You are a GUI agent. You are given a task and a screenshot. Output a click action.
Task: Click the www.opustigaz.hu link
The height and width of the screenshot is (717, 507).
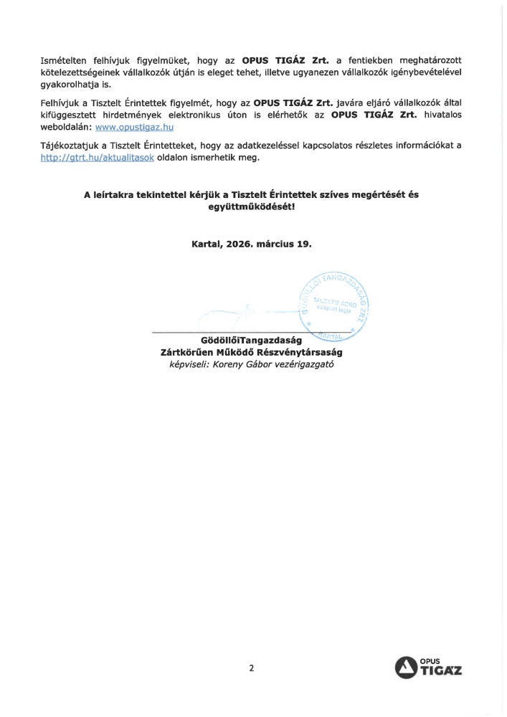135,127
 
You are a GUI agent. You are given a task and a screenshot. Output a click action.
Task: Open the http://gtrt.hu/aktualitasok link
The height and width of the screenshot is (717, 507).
97,158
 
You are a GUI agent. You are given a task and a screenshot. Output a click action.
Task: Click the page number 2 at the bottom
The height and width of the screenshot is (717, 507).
252,668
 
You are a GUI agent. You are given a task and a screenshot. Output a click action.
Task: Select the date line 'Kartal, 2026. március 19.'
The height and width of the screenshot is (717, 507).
252,244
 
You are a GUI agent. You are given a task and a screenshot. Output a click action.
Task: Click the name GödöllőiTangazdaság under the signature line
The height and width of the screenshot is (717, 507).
252,341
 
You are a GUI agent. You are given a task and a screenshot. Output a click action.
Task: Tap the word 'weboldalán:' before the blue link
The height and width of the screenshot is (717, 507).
66,127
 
